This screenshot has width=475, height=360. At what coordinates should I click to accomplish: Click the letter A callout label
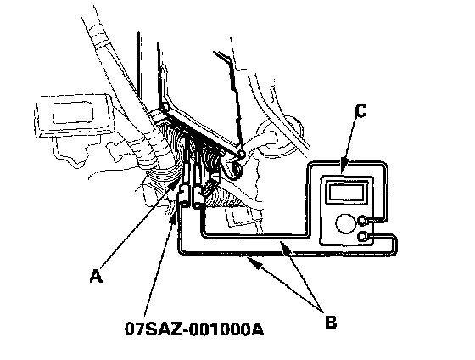(96, 276)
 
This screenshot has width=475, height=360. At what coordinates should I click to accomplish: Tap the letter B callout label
(331, 322)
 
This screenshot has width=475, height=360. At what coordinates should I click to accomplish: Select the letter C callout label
(360, 110)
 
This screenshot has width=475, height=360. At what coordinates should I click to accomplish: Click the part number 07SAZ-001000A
(194, 329)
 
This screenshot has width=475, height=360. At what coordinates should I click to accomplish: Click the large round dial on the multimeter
(345, 223)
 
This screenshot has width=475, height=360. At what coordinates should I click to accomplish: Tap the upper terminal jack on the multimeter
(363, 221)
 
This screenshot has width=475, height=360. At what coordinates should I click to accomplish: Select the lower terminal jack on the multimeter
(363, 236)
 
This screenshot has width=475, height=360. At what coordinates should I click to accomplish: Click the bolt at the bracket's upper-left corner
(165, 108)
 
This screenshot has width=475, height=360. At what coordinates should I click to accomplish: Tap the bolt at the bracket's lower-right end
(241, 154)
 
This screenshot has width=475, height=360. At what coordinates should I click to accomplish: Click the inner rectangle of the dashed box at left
(73, 113)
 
